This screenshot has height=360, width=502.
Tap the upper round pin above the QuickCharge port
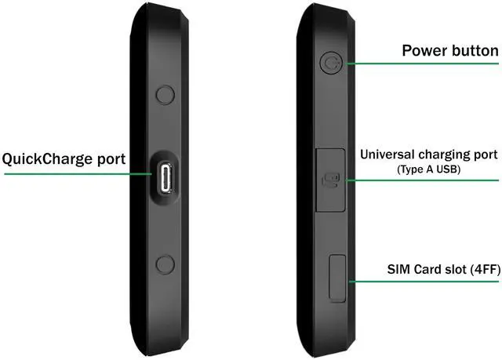coord(165,95)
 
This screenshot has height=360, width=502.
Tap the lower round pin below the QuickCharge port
coord(165,264)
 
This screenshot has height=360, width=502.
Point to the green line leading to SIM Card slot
coord(424,280)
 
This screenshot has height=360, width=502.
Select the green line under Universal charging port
coord(424,180)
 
